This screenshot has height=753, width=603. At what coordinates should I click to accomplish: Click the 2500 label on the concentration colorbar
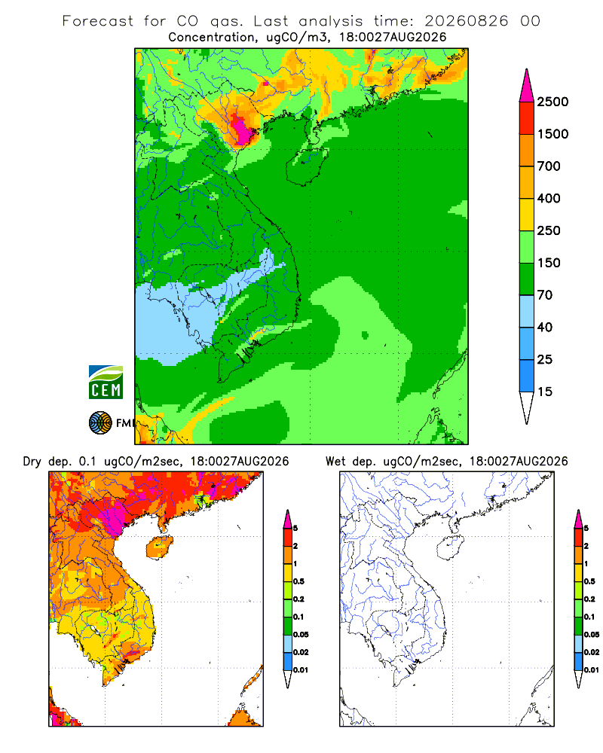click(x=552, y=102)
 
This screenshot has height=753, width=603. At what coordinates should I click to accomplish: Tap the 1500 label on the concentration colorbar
click(x=552, y=134)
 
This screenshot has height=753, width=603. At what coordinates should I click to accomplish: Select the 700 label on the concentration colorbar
click(x=549, y=166)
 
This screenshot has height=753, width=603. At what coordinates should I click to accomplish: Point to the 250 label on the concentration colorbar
click(x=549, y=230)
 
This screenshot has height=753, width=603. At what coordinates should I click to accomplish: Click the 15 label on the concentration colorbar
click(x=545, y=392)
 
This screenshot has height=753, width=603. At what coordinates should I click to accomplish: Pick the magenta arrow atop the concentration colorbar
click(x=527, y=86)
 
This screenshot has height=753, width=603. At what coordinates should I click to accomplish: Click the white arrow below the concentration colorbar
click(x=527, y=407)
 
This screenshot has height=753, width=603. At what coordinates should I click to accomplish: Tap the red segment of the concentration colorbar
click(x=527, y=118)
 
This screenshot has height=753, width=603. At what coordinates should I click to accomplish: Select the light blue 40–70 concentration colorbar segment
click(x=527, y=311)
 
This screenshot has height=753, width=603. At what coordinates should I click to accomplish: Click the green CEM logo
click(x=106, y=383)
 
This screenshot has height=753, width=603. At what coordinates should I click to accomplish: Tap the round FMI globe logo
click(x=100, y=423)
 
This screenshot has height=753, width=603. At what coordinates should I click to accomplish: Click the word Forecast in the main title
click(x=98, y=21)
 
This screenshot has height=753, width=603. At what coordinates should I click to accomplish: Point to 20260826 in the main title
click(x=466, y=21)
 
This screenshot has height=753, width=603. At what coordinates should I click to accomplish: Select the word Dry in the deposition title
click(x=32, y=462)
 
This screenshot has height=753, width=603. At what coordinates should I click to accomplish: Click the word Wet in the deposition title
click(x=335, y=462)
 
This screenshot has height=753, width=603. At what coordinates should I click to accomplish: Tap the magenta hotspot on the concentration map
click(x=241, y=128)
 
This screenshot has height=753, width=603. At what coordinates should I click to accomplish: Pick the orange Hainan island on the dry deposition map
click(x=160, y=547)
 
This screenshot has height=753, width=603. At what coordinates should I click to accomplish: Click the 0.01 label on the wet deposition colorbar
click(x=592, y=670)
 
